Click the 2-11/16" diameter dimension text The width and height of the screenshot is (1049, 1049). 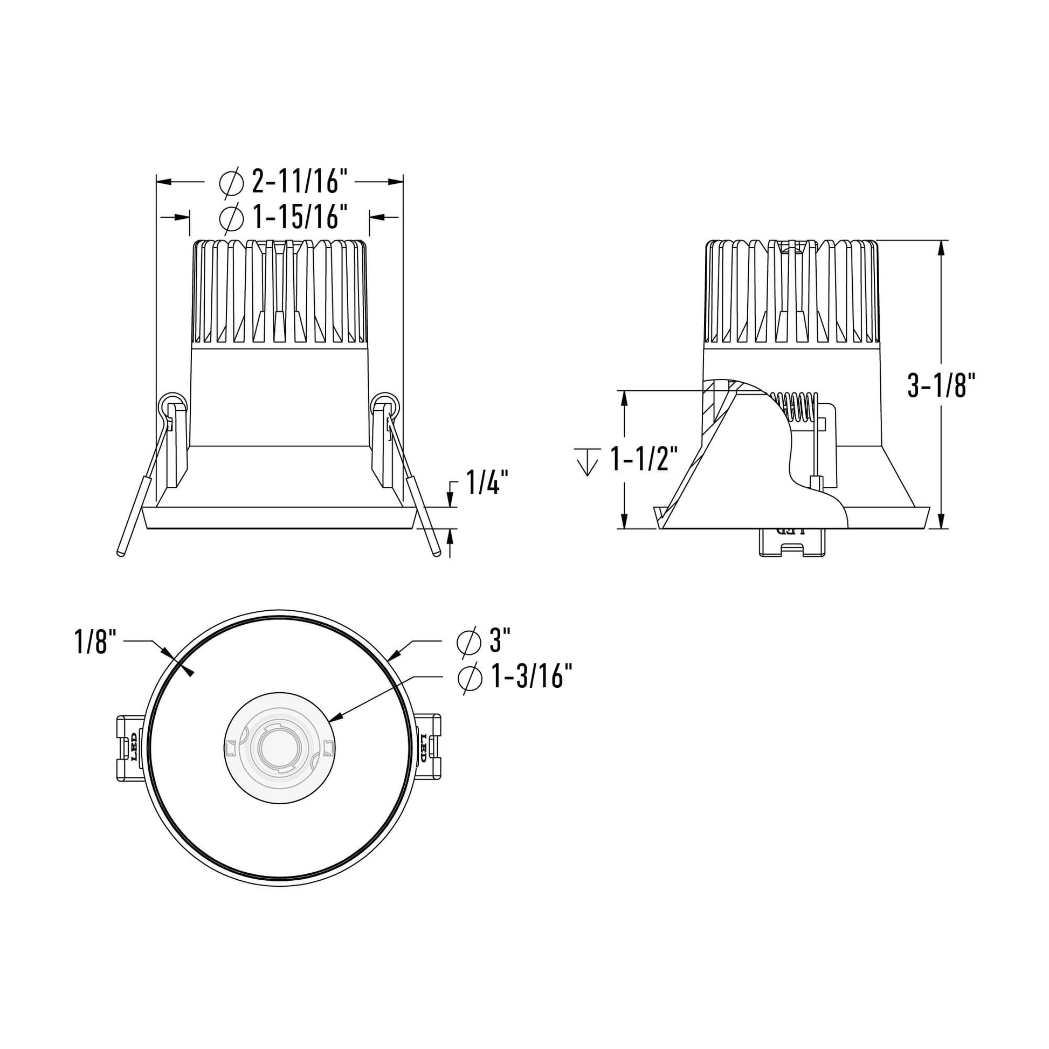click(299, 182)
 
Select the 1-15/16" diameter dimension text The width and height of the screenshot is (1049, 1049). click(299, 218)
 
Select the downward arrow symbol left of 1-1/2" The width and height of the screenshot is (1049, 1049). click(587, 461)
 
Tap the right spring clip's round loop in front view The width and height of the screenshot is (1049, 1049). click(386, 404)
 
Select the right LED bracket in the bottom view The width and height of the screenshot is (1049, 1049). click(428, 748)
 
